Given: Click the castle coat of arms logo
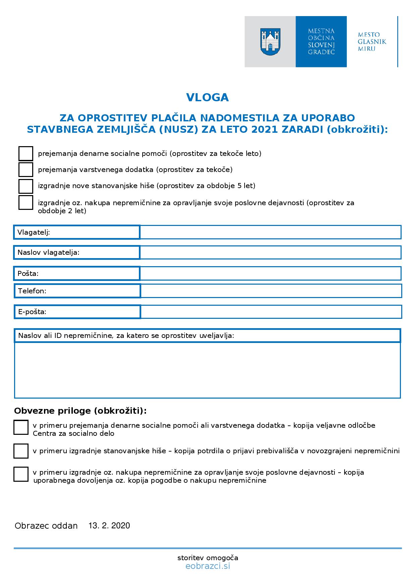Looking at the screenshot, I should tap(270, 42).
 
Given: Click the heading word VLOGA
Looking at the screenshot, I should tap(207, 97).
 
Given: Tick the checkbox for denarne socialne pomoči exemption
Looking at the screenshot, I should tap(25, 154).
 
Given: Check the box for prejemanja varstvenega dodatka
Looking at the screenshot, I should tap(25, 169).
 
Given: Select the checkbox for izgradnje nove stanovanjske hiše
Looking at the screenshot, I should tap(25, 186).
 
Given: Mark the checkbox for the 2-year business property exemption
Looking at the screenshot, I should tap(25, 202).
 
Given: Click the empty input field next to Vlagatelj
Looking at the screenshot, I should tap(270, 232).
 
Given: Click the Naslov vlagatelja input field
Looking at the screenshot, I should tap(270, 252).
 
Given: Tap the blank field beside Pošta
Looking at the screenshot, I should tap(270, 273).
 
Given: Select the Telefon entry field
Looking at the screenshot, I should tap(271, 291).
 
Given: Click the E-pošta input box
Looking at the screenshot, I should tap(271, 311).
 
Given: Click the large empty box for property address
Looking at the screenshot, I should tap(207, 370).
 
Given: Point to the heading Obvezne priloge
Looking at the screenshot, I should tap(81, 411).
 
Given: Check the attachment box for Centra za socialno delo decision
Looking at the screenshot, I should tap(21, 427).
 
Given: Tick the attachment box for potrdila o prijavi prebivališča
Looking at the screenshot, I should tap(21, 451).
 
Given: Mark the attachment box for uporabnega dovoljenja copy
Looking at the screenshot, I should tap(21, 474).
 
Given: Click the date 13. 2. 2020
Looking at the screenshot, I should tap(109, 525).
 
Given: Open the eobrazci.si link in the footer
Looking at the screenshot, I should tap(208, 566).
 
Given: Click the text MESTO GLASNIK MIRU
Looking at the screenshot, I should tap(372, 42).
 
